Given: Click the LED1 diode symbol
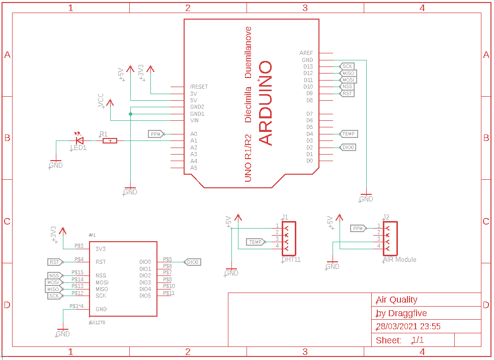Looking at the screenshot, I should tap(79, 140).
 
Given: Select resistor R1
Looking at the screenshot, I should tap(110, 140).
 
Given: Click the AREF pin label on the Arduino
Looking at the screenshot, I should tap(306, 53).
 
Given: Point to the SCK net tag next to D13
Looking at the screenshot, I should tap(347, 66).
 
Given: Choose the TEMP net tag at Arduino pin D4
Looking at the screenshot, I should tap(349, 134).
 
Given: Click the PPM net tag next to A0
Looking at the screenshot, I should tap(156, 134).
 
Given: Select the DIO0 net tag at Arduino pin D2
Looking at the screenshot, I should tap(348, 148).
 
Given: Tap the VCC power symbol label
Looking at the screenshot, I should tap(101, 100).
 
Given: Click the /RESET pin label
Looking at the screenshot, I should tap(199, 87).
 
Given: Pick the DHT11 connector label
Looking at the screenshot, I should tap(291, 260).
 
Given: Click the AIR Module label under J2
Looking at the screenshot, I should tap(399, 260).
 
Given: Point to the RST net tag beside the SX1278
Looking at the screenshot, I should tap(54, 262).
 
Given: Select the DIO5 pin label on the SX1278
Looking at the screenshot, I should tap(145, 296).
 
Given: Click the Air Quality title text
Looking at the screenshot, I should tap(396, 300).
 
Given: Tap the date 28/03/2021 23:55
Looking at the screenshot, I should tap(408, 326).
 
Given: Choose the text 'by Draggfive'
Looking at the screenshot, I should tap(401, 313).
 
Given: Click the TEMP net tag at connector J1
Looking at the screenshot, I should tap(256, 242).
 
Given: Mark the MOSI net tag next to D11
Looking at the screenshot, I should tap(348, 80).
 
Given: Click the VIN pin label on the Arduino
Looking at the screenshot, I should tap(194, 120).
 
